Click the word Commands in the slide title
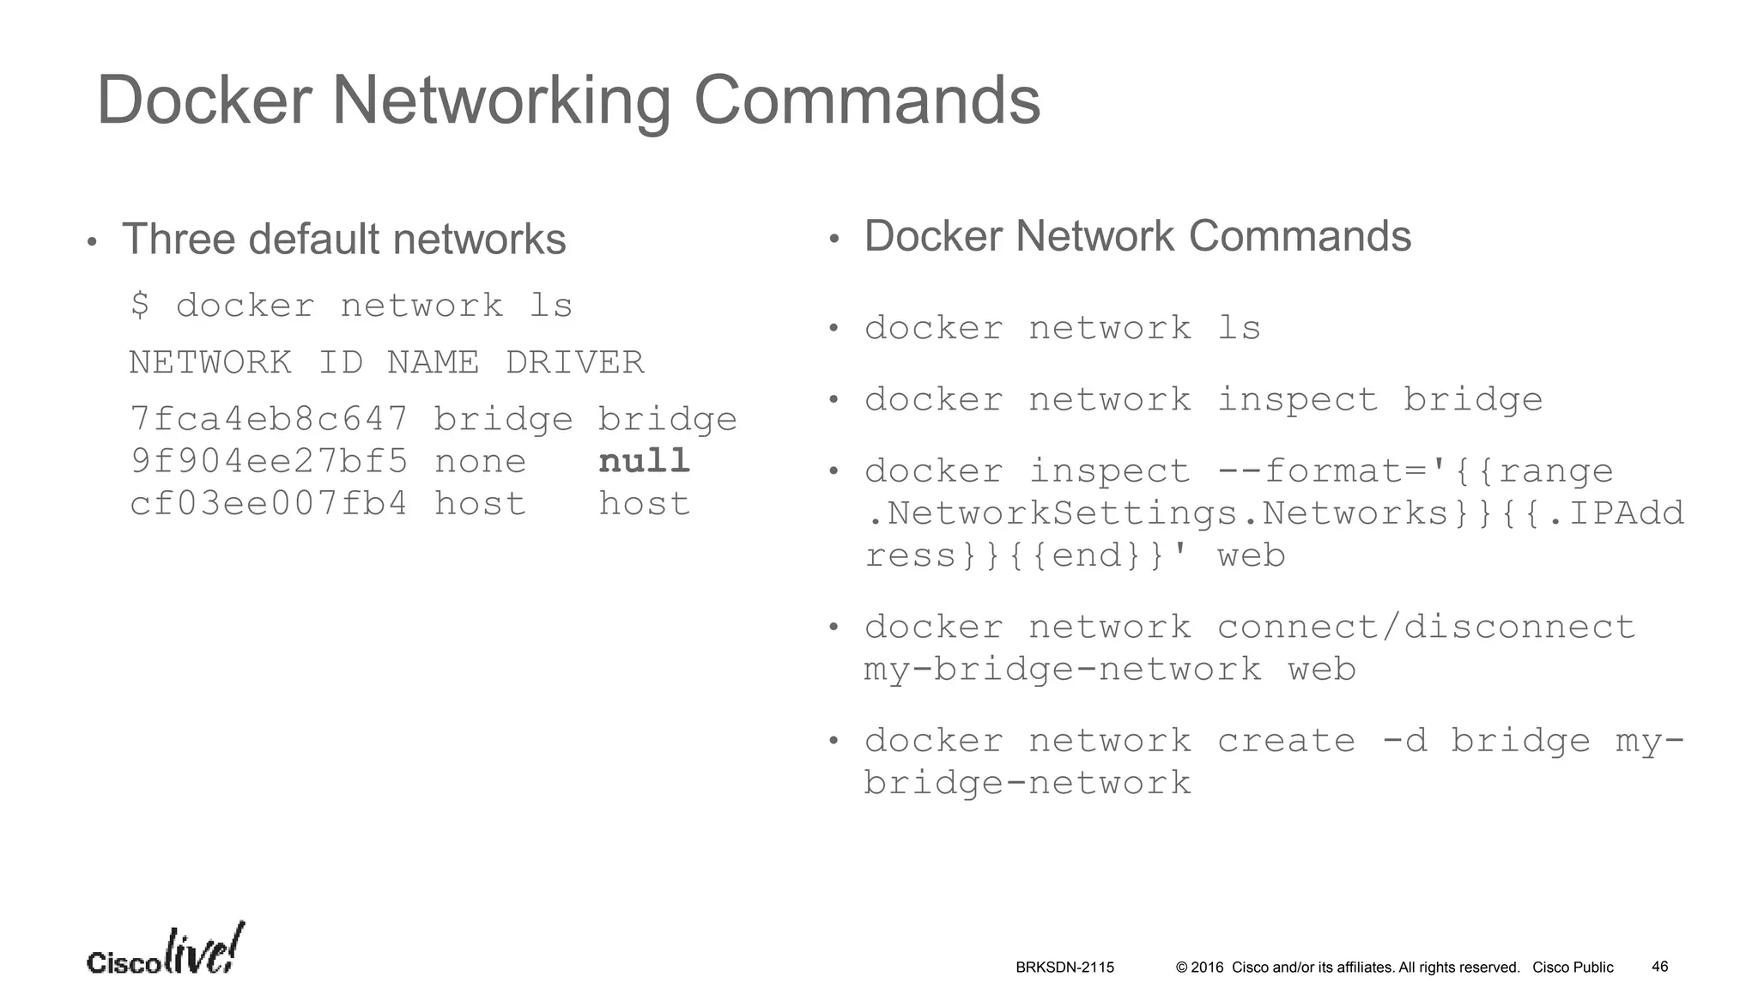[x=866, y=100]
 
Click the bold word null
[x=644, y=462]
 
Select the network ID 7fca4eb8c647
[x=269, y=419]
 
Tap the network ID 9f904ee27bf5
[x=269, y=462]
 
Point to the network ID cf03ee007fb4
[x=269, y=504]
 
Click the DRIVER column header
[x=574, y=362]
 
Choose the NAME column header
[x=433, y=362]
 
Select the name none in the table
[x=480, y=462]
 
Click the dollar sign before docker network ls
[x=140, y=306]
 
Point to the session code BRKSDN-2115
[x=1064, y=968]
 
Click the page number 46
[x=1659, y=967]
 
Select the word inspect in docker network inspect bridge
[x=1297, y=400]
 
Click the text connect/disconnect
[x=1426, y=628]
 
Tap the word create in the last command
[x=1286, y=741]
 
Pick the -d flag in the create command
[x=1404, y=741]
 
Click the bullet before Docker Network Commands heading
[x=833, y=240]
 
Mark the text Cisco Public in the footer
[x=1573, y=968]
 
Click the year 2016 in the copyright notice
[x=1207, y=968]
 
